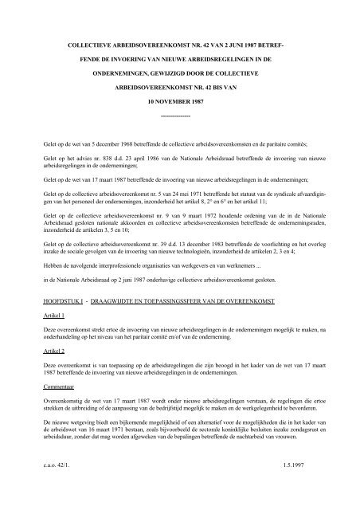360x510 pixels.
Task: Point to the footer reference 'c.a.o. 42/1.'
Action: (40, 488)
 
